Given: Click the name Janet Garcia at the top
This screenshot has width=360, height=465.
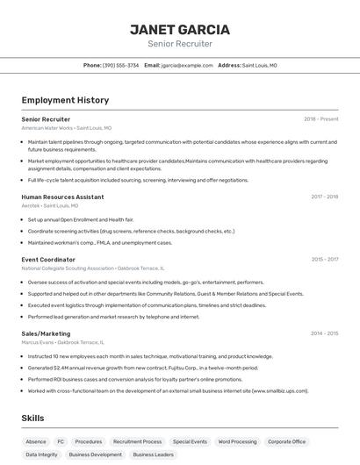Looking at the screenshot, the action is click(x=179, y=29).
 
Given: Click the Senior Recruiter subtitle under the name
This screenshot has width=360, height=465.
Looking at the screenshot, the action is click(x=179, y=44).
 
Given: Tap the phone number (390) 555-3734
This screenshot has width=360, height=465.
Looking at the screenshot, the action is click(x=120, y=65).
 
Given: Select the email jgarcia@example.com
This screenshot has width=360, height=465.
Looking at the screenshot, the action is click(x=187, y=65).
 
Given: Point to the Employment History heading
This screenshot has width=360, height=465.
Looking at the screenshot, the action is click(x=65, y=100).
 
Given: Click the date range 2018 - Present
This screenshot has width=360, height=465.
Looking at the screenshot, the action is click(x=320, y=118).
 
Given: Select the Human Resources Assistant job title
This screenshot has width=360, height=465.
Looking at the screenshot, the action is click(x=62, y=197).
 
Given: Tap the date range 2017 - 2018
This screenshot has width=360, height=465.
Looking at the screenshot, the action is click(x=324, y=197).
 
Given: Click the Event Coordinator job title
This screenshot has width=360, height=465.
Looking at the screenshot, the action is click(x=48, y=260).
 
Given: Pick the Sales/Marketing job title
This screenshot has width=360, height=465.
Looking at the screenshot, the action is click(x=46, y=333).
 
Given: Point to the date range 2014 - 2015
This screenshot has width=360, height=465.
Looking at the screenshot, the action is click(x=324, y=333).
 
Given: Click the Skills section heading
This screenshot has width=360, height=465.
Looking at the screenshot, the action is click(x=32, y=418).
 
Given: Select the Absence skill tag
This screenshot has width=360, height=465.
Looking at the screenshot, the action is click(x=36, y=441).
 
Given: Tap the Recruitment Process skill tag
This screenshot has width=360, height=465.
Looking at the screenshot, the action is click(x=137, y=441).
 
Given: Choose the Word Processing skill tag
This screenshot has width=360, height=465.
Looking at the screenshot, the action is click(x=237, y=441).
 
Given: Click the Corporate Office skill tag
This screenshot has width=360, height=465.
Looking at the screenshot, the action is click(x=287, y=441).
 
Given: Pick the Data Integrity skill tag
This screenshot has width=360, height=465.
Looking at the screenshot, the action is click(x=41, y=454).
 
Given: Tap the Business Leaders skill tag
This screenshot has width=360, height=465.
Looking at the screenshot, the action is click(x=153, y=454).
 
